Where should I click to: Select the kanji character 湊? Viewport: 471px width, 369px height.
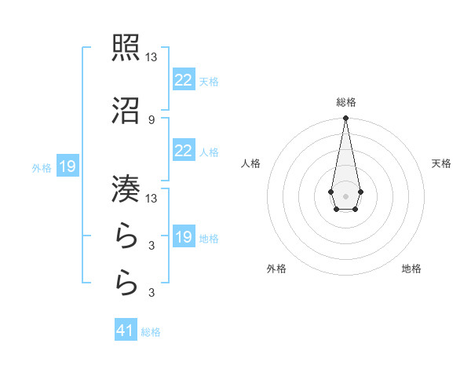coord(126,188)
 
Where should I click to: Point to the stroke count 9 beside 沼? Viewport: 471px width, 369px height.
coord(151,119)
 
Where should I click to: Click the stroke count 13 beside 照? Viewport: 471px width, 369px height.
coord(152,57)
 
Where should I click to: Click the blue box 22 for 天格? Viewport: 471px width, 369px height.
coord(183,80)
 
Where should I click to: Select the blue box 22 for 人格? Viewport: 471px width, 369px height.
coord(183,151)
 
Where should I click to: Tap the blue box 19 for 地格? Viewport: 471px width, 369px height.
coord(183,237)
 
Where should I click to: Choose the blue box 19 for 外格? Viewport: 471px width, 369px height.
coord(67,166)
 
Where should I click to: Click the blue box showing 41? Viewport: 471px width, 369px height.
coord(125,331)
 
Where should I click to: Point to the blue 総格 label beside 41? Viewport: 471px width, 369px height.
coord(151,332)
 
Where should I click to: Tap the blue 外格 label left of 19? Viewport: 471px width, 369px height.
coord(41,167)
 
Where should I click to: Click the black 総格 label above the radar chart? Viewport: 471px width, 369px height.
coord(345,102)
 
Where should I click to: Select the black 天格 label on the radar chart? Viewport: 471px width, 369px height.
coord(442,163)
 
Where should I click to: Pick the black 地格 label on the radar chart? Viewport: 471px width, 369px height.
coord(411,269)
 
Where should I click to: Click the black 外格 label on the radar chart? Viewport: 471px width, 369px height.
coord(276,269)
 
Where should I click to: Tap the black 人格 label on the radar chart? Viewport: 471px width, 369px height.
coord(250,163)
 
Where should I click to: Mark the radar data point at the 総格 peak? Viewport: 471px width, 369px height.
coord(345,119)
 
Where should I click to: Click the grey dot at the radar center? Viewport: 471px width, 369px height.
coord(345,195)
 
